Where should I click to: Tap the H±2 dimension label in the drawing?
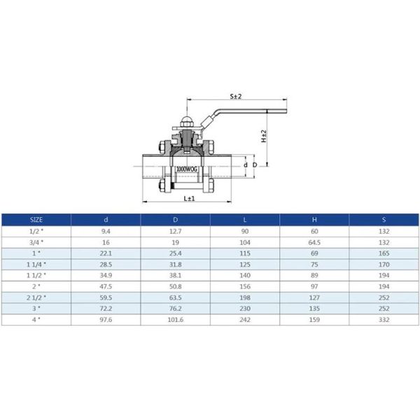264,135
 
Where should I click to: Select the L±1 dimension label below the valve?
188,199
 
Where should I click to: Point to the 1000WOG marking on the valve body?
188,169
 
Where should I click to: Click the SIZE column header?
36,219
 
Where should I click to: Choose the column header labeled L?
244,219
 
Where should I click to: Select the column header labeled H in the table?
314,219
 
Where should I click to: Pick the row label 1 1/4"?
36,265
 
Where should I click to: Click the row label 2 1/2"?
36,297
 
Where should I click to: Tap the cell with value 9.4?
106,231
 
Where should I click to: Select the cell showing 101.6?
175,319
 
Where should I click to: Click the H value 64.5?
314,242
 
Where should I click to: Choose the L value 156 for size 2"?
244,286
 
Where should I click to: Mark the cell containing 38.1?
175,275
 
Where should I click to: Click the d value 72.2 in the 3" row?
106,308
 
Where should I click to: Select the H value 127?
314,297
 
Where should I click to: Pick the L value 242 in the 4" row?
244,319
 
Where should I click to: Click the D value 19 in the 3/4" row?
175,242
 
